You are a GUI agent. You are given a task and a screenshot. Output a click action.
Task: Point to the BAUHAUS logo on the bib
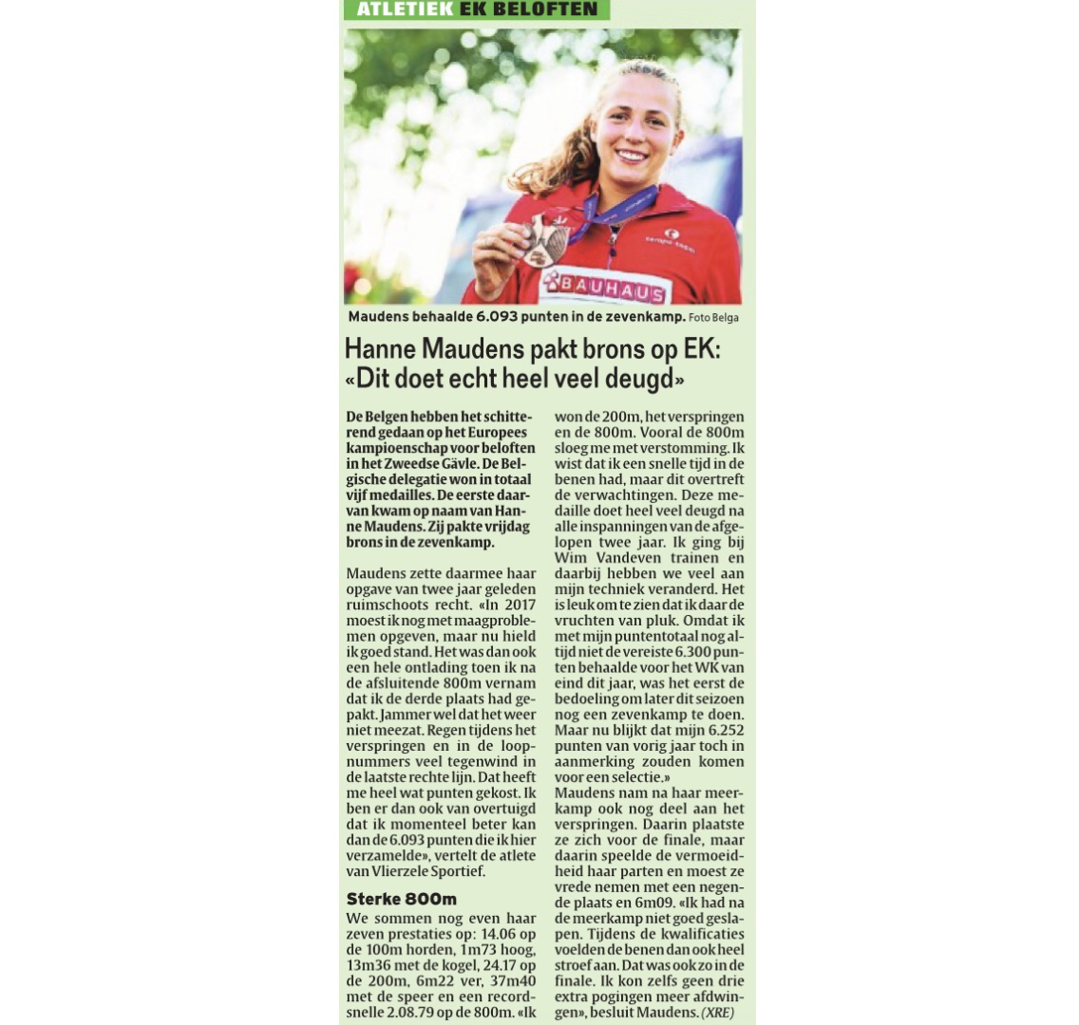(610, 286)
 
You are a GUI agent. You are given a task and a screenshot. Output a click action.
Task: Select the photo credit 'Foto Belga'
(713, 318)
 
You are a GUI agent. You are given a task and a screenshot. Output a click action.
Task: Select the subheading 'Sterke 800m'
(401, 899)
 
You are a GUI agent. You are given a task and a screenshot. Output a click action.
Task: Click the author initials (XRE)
(717, 1012)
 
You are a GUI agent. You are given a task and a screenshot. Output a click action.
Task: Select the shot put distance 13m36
(370, 965)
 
